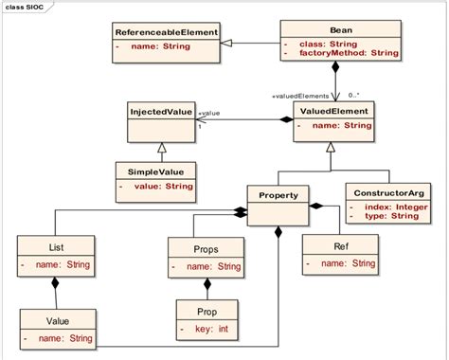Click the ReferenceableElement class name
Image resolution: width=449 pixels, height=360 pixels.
(x=166, y=32)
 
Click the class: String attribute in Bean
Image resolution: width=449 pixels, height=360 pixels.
(x=333, y=45)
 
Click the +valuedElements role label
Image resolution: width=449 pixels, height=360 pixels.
(x=300, y=95)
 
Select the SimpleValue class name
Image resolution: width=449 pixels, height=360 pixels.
(x=154, y=171)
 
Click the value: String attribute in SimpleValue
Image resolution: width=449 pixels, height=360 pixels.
(x=159, y=187)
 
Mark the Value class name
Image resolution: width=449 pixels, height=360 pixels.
(x=57, y=321)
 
